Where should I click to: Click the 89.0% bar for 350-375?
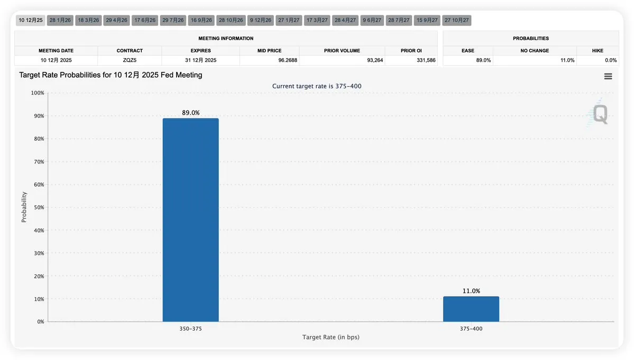coord(190,219)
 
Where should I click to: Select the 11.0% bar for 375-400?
coord(471,309)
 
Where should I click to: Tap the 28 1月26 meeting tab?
coord(60,20)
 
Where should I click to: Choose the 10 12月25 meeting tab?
coord(31,20)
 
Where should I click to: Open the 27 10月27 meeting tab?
coord(456,20)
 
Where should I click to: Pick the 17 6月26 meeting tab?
coord(145,20)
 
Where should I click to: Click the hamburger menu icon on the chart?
coord(608,76)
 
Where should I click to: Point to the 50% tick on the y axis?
coord(38,207)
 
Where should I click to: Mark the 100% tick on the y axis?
coord(36,93)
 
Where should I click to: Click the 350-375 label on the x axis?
coord(190,328)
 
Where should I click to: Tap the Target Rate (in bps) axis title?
coord(330,337)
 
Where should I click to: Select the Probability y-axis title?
coord(24,207)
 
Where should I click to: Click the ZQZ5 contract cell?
coord(130,60)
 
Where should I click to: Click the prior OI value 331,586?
coord(426,60)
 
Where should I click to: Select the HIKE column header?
coord(597,51)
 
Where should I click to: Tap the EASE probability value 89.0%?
coord(483,60)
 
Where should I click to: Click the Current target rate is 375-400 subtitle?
coord(317,86)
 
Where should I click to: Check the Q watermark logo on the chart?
coord(600,114)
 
